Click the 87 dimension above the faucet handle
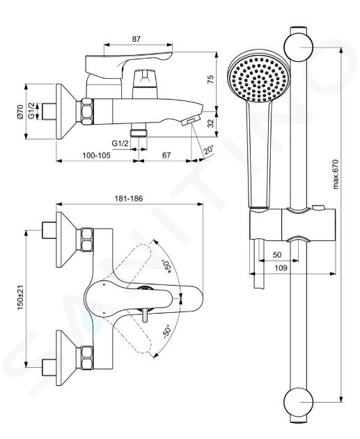(136, 39)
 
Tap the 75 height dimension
(211, 79)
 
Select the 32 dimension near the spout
(212, 123)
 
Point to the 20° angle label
(208, 150)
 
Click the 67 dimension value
(166, 155)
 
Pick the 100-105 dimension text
(97, 155)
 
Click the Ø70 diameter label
(20, 112)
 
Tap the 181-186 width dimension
(129, 199)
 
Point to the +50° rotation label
(168, 266)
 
